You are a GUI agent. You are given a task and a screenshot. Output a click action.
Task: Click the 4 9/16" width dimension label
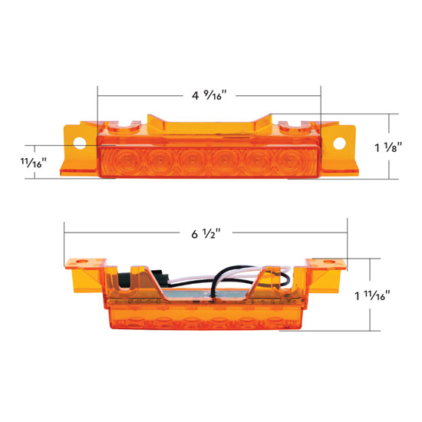click(x=209, y=95)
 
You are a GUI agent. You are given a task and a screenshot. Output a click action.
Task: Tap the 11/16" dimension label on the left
click(x=35, y=162)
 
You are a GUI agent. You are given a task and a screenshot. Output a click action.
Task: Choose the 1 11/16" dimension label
click(x=381, y=295)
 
